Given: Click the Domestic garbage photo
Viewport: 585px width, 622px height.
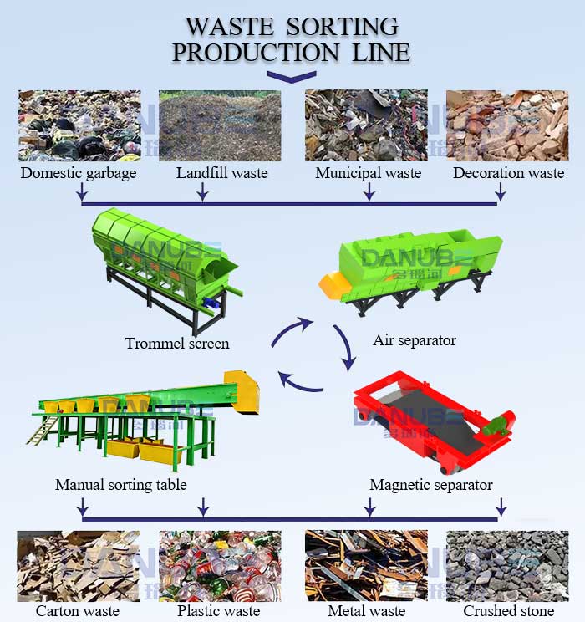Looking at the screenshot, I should [79, 125].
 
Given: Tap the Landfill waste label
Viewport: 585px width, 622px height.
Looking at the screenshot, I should [221, 173].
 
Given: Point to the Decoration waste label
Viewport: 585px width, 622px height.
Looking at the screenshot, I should [508, 173].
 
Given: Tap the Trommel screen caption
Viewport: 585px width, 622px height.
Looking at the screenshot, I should [177, 343].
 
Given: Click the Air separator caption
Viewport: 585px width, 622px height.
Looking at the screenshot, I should [415, 340].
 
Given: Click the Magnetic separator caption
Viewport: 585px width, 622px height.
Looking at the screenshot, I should [431, 485].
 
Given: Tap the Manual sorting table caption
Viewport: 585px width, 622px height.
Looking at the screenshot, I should [121, 485].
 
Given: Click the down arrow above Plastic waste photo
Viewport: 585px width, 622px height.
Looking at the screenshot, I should [202, 507].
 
